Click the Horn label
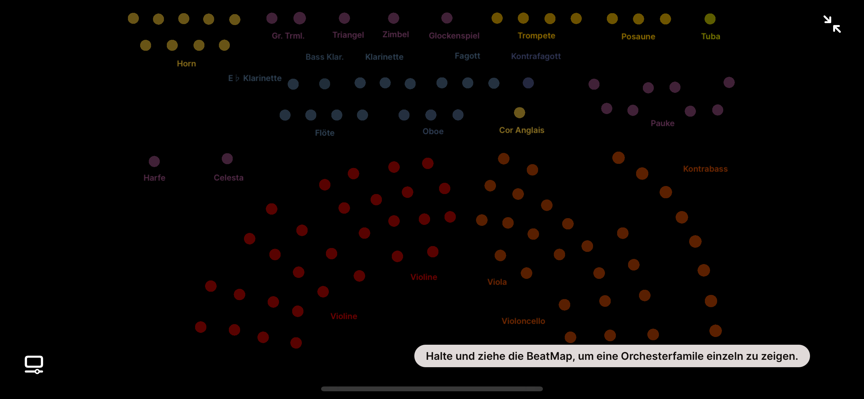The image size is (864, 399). pos(186,63)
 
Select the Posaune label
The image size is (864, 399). pos(638,37)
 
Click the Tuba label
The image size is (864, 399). pos(710,36)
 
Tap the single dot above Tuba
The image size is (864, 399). pos(710,19)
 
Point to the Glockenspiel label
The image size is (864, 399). pos(454,36)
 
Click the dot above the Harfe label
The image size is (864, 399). pos(154,161)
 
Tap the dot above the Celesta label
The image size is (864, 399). pos(227,159)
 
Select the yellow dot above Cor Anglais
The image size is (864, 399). pos(519,113)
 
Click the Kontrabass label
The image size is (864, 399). pos(705,169)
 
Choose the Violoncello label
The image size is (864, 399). pos(523,321)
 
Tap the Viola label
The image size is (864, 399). pos(497,282)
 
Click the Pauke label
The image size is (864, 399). pos(662,123)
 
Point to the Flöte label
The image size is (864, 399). pos(324,133)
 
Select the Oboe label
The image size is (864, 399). pos(433,131)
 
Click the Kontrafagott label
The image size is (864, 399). pos(535,56)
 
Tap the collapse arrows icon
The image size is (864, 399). pos(832,24)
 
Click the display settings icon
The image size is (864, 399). pos(34,364)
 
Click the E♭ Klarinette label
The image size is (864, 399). pos(255,78)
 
